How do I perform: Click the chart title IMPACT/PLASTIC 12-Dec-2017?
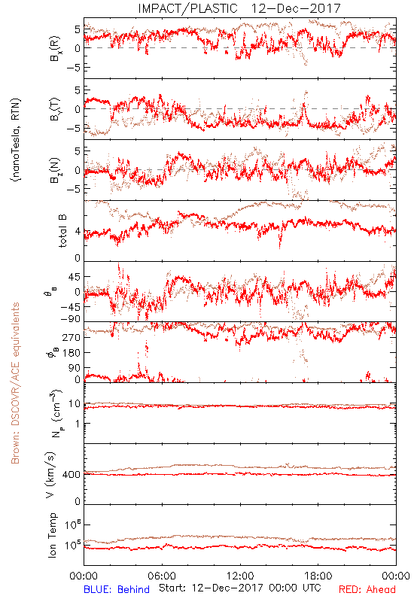tap(239, 8)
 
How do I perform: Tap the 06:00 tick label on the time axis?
tap(162, 576)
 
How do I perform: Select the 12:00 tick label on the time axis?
tap(240, 576)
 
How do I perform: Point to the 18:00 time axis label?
tap(318, 576)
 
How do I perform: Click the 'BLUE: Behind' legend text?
tap(117, 589)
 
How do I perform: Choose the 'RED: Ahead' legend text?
tap(367, 589)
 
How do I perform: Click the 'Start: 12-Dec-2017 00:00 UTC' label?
tap(240, 588)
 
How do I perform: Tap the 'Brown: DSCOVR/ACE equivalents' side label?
tap(15, 383)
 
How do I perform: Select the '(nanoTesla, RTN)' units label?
tap(16, 140)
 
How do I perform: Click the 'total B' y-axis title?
tap(62, 231)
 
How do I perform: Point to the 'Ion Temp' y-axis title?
tap(53, 535)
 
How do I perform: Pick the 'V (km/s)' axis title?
tap(50, 475)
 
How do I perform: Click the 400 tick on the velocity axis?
tap(72, 475)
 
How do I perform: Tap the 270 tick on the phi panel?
tap(72, 337)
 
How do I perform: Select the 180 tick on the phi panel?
tap(72, 353)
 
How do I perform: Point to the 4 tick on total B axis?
tap(78, 232)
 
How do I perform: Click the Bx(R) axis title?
tap(55, 48)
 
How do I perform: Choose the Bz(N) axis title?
tap(55, 170)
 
